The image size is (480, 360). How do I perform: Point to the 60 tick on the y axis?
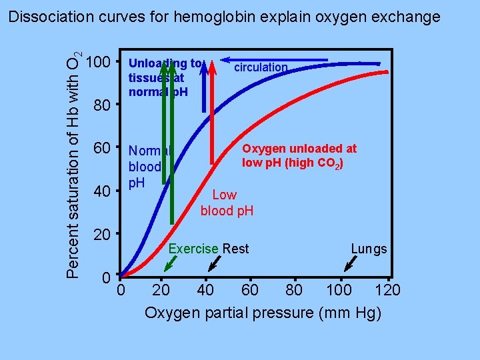(x=100, y=148)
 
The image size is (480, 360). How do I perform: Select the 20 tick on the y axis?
(x=100, y=235)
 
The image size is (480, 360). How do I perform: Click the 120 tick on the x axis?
(x=387, y=290)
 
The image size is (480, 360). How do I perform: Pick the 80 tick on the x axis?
(x=293, y=290)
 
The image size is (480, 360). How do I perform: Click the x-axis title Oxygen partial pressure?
(x=263, y=313)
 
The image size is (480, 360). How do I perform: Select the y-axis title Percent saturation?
(x=76, y=163)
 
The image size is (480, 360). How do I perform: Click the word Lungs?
(x=369, y=249)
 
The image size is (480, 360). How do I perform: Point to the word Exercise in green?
(x=193, y=249)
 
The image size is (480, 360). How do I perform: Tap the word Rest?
(x=235, y=249)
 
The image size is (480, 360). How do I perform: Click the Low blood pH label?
(x=226, y=203)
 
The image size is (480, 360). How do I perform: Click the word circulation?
(x=260, y=67)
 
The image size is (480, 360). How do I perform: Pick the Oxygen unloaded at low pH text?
(x=299, y=156)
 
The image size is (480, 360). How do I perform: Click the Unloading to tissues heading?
(x=164, y=77)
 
